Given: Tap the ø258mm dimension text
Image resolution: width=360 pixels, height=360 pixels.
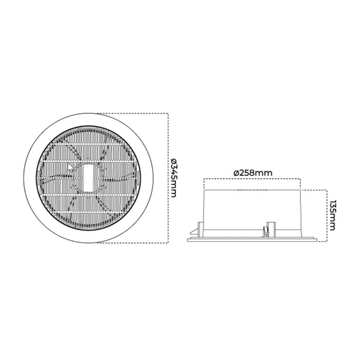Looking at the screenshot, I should pyautogui.click(x=252, y=173).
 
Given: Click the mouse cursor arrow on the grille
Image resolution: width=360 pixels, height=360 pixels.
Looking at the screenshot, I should pyautogui.click(x=71, y=167).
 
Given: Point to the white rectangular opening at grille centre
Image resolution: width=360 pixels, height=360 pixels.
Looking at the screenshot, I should pyautogui.click(x=87, y=177).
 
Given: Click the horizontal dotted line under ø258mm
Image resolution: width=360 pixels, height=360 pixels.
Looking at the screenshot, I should pyautogui.click(x=252, y=179).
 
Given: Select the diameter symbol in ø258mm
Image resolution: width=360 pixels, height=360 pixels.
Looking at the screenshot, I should pyautogui.click(x=236, y=173).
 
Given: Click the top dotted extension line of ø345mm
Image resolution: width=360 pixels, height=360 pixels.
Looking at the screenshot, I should pyautogui.click(x=134, y=113).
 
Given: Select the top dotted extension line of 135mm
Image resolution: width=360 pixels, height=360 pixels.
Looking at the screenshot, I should pyautogui.click(x=314, y=190).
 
